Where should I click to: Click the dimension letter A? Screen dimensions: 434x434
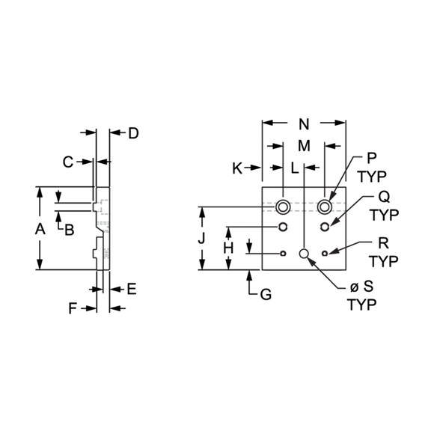tap(40, 229)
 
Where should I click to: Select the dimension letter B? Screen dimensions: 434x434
tap(70, 230)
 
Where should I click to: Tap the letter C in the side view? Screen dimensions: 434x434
tap(68, 162)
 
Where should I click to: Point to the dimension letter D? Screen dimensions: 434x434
tap(133, 133)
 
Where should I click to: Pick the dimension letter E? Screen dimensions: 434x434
tap(132, 289)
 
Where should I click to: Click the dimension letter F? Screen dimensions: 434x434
tap(73, 308)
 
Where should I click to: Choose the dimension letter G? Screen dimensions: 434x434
tap(266, 295)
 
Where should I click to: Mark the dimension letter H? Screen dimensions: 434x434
tap(229, 248)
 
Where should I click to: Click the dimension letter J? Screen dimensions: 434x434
tap(201, 238)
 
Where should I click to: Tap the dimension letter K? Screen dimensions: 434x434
tap(237, 168)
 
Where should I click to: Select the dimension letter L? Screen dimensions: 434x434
tap(295, 168)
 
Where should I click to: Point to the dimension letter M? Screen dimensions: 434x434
tap(304, 146)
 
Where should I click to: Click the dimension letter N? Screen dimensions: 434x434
tap(304, 124)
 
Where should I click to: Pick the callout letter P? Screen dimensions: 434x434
tap(371, 158)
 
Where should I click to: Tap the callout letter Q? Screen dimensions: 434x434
tap(384, 197)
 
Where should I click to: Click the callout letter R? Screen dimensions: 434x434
tap(383, 243)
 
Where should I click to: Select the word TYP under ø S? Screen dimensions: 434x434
tap(361, 305)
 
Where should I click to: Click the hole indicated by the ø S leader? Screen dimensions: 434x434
tap(304, 253)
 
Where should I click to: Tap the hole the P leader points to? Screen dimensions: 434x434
tap(325, 207)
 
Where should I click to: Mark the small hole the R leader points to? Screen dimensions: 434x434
tap(325, 253)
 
